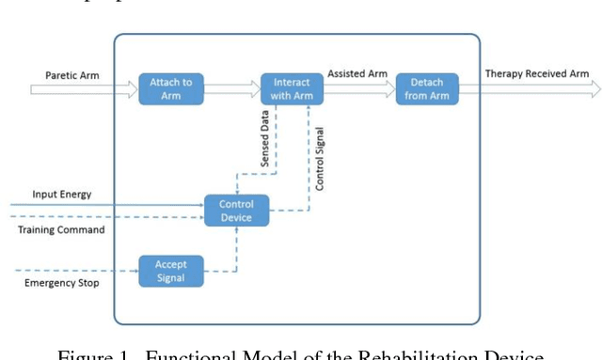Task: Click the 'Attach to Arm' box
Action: pos(170,88)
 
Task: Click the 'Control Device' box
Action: pos(236,210)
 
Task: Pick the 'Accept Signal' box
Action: pos(170,271)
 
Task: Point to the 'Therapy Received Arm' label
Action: pos(537,73)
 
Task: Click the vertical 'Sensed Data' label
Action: pos(266,140)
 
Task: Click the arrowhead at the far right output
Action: pos(594,89)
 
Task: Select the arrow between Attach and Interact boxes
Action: pos(231,89)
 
